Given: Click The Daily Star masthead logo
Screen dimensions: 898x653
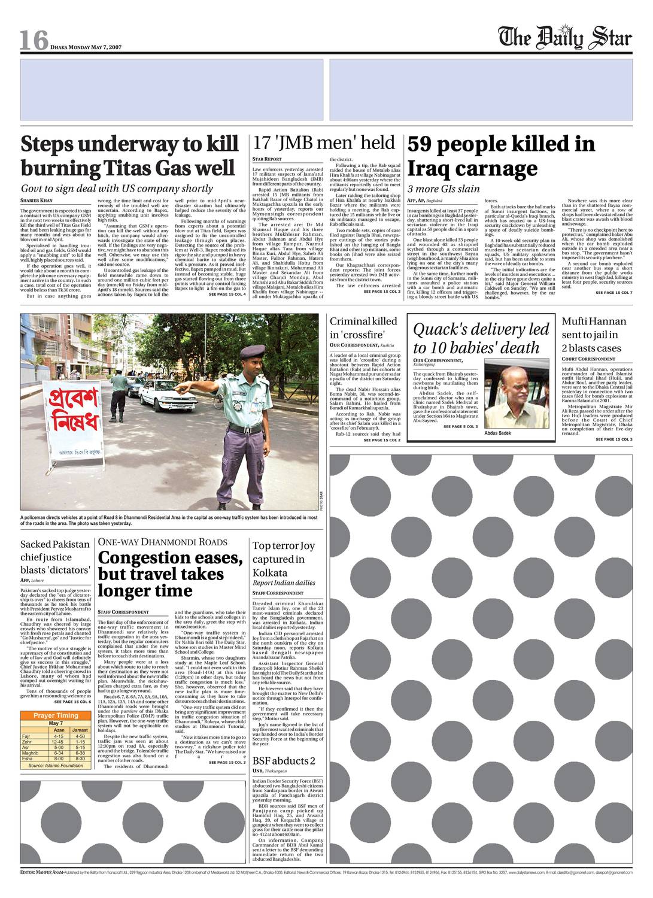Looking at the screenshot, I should pos(565,37).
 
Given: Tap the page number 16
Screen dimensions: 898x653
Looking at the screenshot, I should pos(34,40).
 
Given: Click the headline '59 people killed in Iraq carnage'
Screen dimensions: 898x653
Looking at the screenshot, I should pos(502,156).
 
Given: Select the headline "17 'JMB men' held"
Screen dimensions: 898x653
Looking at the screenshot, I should pos(324,142).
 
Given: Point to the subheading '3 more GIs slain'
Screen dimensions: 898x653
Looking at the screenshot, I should pos(444,189).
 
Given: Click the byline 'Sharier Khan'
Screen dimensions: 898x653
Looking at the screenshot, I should pos(37,200).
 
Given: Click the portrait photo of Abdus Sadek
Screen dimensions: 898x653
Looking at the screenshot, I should pos(517,395).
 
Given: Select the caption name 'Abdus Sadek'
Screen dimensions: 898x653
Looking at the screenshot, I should pos(498,433).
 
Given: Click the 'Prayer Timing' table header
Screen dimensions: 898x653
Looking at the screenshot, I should pos(56,715).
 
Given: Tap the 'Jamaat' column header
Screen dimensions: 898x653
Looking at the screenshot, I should pos(80,730).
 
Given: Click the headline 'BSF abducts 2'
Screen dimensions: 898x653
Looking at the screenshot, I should pos(284,761).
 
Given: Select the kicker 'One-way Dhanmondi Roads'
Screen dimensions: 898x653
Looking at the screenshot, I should pos(163,542).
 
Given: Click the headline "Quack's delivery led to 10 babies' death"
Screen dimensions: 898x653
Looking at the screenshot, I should pos(481,338).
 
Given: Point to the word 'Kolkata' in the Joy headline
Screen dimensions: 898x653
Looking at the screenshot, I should pos(270,572).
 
